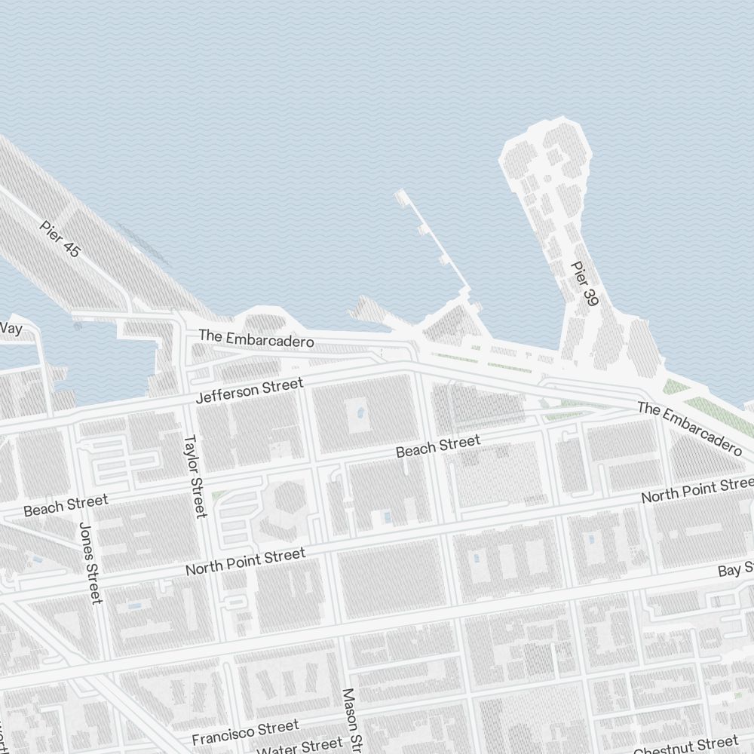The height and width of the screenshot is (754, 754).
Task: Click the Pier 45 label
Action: pos(60,239)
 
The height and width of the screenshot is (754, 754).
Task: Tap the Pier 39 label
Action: pos(584,284)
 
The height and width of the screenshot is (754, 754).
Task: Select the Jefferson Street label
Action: pos(249,391)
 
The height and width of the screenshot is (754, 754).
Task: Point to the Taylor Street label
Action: pos(195,476)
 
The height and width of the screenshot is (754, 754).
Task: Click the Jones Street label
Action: pos(90,564)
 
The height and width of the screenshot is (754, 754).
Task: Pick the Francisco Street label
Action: pos(245,731)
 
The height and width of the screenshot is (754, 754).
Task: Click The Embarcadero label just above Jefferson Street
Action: pos(256,338)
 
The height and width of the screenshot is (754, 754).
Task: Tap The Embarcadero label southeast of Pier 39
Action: pos(690,428)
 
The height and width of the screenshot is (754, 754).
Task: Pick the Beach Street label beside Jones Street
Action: pos(66,505)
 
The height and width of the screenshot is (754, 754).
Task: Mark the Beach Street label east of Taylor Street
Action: pos(437,446)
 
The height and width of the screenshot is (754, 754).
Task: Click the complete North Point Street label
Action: pos(246,562)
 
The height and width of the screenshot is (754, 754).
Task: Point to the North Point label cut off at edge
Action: pos(697,490)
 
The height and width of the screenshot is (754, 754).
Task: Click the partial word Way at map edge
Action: pos(11,328)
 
